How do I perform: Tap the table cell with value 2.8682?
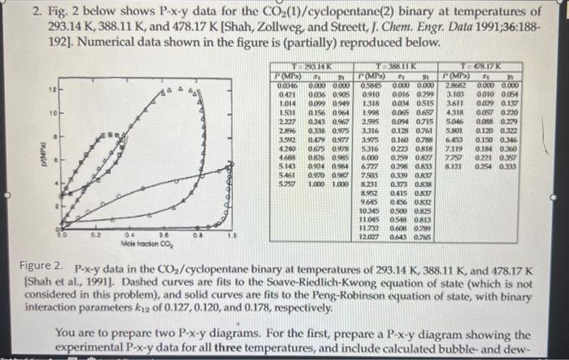pos(453,85)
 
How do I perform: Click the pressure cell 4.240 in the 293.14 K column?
pos(286,148)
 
